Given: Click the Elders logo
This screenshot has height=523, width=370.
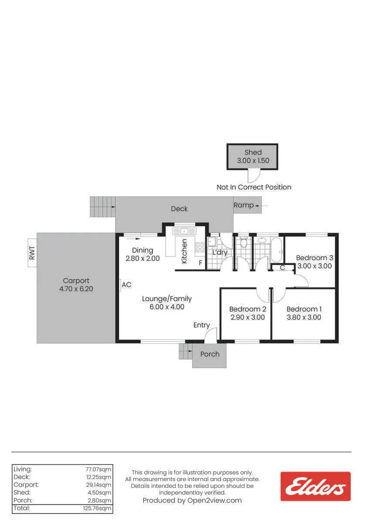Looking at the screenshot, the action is coord(316,486).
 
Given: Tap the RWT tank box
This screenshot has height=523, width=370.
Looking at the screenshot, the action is coord(32,253).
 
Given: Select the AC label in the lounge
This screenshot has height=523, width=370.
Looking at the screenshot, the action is coord(126,285).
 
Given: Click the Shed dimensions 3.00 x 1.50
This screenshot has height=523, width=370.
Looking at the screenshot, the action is coord(253,161).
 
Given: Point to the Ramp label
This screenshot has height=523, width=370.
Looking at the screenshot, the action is coord(244,205).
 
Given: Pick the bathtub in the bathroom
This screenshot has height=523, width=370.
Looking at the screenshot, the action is coord(277,250).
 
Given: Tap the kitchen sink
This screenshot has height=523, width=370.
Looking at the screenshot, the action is coord(184,231).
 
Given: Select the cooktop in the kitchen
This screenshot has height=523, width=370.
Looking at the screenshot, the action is coord(200,247).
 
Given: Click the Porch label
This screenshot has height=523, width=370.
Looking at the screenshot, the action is coord(210,354).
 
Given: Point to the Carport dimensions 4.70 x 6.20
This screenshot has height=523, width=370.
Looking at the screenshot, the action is coord(76,289).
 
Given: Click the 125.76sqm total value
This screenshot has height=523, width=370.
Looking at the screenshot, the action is coord(97,508).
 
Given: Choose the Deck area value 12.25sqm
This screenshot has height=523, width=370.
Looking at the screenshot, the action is coord(99,477).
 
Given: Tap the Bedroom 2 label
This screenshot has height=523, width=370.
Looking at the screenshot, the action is coord(248,309).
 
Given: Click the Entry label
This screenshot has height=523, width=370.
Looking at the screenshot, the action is coord(202,325).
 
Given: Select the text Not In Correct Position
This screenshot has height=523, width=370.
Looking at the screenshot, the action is coord(254,187).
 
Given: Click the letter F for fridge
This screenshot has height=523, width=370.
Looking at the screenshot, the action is coord(200,263).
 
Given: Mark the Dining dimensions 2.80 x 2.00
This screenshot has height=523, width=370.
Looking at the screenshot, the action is coord(143,258).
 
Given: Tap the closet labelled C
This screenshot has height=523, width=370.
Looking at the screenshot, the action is coord(282,268).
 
